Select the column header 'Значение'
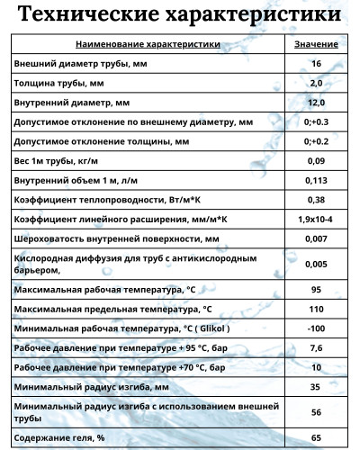click(x=316, y=44)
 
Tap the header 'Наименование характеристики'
click(x=148, y=44)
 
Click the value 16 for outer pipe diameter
click(x=316, y=63)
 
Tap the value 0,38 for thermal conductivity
click(x=316, y=200)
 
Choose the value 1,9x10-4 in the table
click(x=316, y=220)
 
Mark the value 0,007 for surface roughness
click(x=316, y=239)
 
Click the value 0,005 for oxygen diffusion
click(x=316, y=264)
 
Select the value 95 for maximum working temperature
click(x=316, y=290)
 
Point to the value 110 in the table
click(x=316, y=310)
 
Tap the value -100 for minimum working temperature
click(x=316, y=329)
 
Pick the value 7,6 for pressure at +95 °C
click(x=316, y=349)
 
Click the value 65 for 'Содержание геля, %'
click(x=316, y=437)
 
